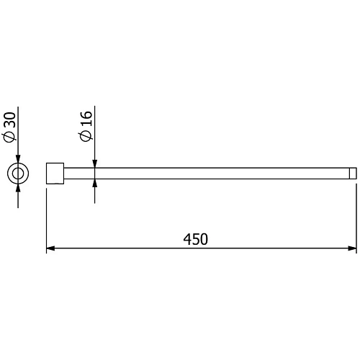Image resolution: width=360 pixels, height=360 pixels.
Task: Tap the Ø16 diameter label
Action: tap(86, 127)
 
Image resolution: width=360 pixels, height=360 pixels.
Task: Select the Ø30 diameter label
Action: tap(9, 127)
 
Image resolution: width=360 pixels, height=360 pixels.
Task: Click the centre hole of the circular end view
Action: tap(17, 174)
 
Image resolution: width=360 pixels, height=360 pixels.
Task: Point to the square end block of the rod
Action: tap(55, 174)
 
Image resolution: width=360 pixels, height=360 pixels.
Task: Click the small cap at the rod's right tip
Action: tap(354, 174)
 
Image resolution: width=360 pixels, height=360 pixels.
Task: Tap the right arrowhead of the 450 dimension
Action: tap(352, 249)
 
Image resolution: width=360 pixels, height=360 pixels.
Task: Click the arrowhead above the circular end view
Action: tap(17, 159)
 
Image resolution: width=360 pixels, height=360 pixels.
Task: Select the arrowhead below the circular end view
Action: tap(17, 188)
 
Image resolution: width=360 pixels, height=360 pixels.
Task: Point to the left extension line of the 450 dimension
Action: tap(47, 216)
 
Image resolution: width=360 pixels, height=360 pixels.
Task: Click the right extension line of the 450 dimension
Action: tap(357, 216)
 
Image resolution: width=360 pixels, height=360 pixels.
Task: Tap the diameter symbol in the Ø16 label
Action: tap(86, 137)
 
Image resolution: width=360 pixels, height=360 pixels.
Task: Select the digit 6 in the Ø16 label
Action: tap(86, 116)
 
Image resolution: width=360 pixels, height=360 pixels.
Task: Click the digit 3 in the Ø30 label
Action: tap(9, 125)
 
